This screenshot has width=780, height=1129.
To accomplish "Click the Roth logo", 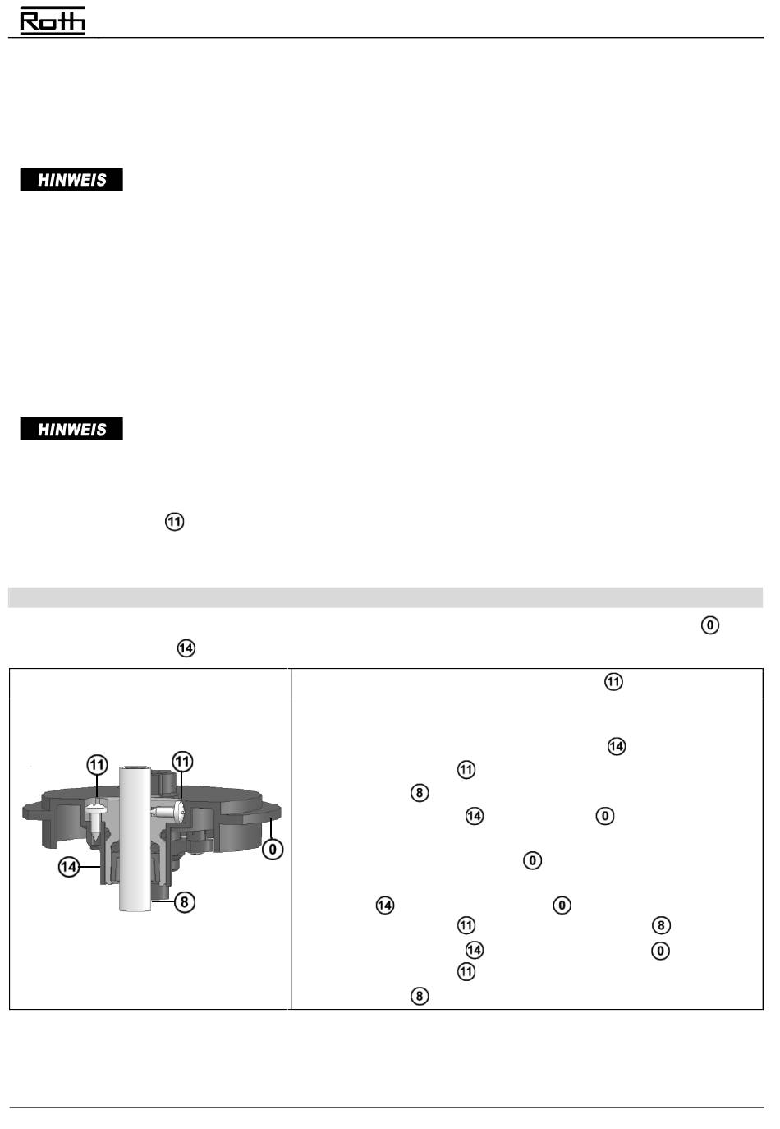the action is pyautogui.click(x=53, y=21).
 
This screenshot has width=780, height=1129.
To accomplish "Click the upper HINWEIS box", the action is pyautogui.click(x=71, y=179).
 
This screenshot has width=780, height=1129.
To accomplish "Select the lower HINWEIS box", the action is pyautogui.click(x=71, y=428).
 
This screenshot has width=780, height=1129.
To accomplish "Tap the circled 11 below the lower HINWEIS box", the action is pyautogui.click(x=174, y=521).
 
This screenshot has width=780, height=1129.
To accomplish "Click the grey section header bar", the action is pyautogui.click(x=385, y=597).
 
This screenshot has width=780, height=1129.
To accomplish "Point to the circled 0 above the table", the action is pyautogui.click(x=710, y=625).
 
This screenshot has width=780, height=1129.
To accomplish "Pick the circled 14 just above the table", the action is pyautogui.click(x=186, y=648).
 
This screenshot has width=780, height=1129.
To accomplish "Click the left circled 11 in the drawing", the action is pyautogui.click(x=97, y=765).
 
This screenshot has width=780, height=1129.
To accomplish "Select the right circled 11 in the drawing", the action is pyautogui.click(x=182, y=762).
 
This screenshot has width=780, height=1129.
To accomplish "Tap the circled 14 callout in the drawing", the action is pyautogui.click(x=69, y=867).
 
